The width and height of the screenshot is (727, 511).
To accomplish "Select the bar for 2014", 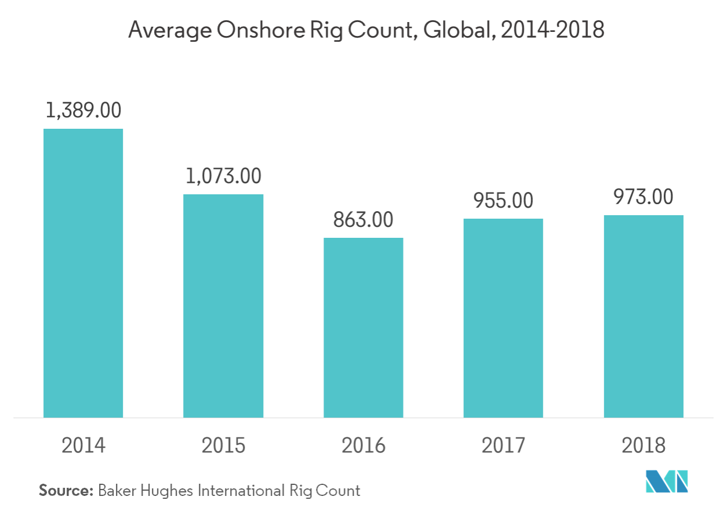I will pos(83,273).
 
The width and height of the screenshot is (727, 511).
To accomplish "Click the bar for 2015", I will pos(224,306).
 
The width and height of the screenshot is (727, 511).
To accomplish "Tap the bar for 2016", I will pos(364,327).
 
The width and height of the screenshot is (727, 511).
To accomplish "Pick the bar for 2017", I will pos(503,318).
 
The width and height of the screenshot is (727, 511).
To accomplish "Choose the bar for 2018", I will pos(644,316).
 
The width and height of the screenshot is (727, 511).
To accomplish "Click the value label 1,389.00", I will pos(83,111).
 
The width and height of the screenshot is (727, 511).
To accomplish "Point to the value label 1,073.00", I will pos(224,176).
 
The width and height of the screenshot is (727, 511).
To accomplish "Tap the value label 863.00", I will pos(364,220).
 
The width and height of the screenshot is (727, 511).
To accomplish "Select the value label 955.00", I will pos(503,201).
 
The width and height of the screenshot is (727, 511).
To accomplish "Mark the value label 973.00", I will pos(644,197).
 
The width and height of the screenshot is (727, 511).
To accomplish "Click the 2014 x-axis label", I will pos(83,445).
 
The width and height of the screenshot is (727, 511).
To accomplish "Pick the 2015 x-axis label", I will pos(224,445).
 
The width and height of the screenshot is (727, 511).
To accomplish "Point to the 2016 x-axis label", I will pos(364,445).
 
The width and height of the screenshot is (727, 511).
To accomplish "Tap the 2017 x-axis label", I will pos(503,445).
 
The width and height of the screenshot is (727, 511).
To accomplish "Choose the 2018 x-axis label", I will pos(644,445).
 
